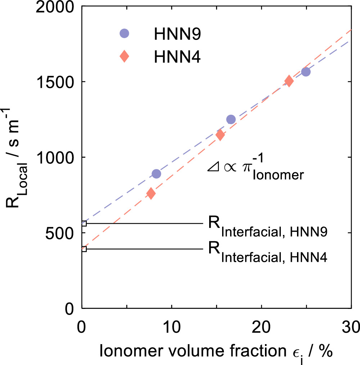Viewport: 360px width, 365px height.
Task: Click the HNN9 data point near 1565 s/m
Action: tap(306, 72)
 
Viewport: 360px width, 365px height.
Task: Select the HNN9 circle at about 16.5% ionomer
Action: tap(231, 119)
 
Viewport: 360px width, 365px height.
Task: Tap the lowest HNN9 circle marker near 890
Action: tap(156, 174)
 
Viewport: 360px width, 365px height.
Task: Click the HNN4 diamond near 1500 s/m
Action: tap(289, 81)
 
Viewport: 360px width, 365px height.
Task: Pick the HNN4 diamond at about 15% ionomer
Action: tap(220, 135)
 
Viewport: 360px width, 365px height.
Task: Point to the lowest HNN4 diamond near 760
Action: tap(151, 193)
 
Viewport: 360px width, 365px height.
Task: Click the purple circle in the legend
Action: tap(124, 33)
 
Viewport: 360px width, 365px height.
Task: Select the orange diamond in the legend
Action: tap(124, 56)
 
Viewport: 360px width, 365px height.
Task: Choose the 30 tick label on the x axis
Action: tap(351, 328)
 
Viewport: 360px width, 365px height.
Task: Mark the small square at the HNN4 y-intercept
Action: tap(84, 249)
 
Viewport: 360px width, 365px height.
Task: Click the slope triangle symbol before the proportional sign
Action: tap(211, 168)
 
